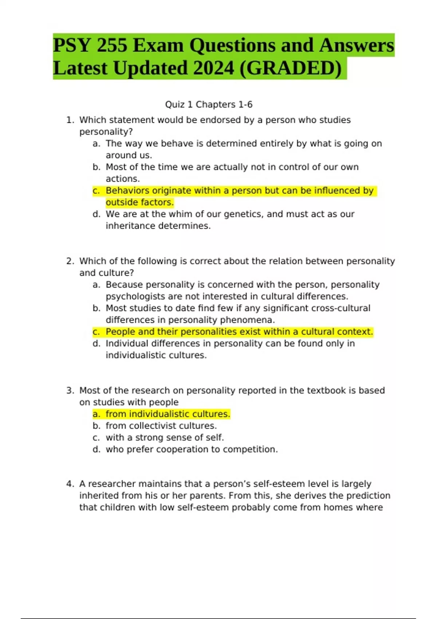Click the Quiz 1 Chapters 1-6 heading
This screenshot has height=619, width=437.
[209, 105]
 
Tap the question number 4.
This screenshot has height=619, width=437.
[70, 484]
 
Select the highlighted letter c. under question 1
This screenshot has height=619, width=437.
[96, 191]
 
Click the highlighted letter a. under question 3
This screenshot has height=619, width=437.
[96, 414]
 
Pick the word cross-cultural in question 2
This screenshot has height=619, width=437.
[342, 308]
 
